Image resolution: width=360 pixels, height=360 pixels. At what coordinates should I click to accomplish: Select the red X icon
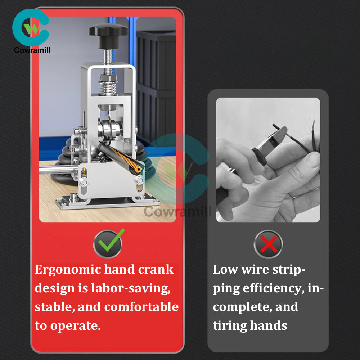click(268, 244)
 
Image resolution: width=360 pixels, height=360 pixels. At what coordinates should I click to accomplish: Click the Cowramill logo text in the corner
click(32, 50)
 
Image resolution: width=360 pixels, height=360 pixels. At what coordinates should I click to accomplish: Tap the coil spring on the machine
click(108, 87)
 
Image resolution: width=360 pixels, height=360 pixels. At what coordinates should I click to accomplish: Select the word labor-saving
click(131, 289)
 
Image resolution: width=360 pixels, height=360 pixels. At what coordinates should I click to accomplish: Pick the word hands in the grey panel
click(269, 325)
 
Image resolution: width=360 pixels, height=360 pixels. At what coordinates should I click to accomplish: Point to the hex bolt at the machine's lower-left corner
click(84, 182)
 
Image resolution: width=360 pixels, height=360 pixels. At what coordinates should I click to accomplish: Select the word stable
click(55, 307)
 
